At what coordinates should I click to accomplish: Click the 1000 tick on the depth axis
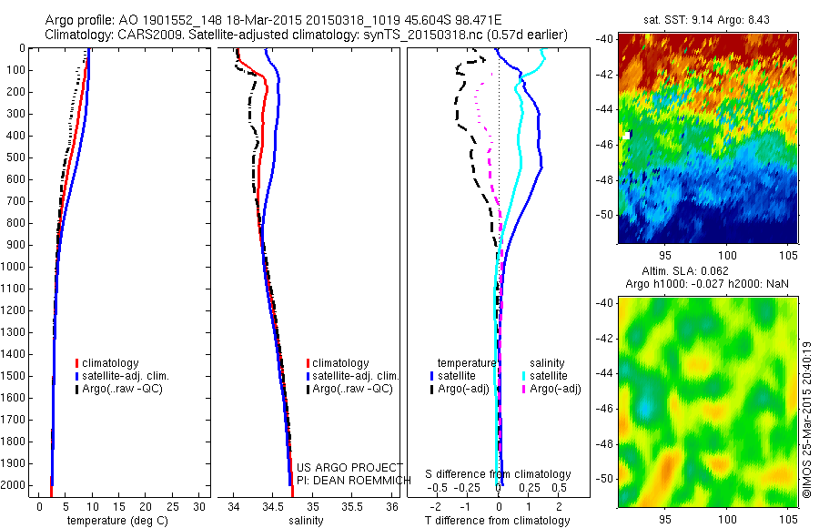tap(14, 267)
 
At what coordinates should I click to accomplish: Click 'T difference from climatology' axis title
tap(499, 521)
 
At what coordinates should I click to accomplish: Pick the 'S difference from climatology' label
tap(498, 475)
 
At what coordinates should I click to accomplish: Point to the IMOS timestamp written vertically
tap(806, 419)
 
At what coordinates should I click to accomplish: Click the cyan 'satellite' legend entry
tap(548, 375)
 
